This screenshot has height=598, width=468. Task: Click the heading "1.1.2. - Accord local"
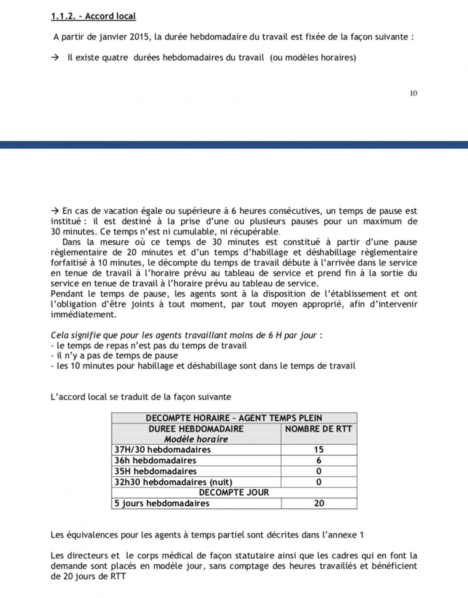[x=93, y=16]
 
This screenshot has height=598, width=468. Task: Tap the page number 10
[x=413, y=93]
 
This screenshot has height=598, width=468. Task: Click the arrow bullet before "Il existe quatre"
[x=55, y=57]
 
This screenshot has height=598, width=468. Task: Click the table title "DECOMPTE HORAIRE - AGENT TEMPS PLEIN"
[x=234, y=418]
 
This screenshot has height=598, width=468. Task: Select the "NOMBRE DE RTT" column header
[x=318, y=429]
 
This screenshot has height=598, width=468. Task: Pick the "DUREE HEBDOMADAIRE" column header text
[x=196, y=429]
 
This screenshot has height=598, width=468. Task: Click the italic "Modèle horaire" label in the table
[x=196, y=439]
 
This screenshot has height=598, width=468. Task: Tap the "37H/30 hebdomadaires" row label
[x=162, y=450]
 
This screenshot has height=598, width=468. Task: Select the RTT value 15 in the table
[x=318, y=450]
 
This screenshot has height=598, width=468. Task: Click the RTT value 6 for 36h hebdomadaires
[x=318, y=460]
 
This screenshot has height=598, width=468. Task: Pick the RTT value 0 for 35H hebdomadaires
[x=318, y=471]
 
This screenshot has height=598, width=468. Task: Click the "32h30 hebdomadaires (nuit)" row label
[x=173, y=482]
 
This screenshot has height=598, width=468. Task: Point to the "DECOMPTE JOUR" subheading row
[x=234, y=492]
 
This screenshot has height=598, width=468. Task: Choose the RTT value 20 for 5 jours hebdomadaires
[x=319, y=503]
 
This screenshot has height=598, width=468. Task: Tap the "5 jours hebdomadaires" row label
[x=162, y=503]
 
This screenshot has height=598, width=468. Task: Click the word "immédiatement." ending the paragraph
[x=83, y=314]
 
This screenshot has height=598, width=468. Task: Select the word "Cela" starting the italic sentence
[x=60, y=335]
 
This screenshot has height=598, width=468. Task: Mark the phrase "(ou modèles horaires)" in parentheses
[x=313, y=57]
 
